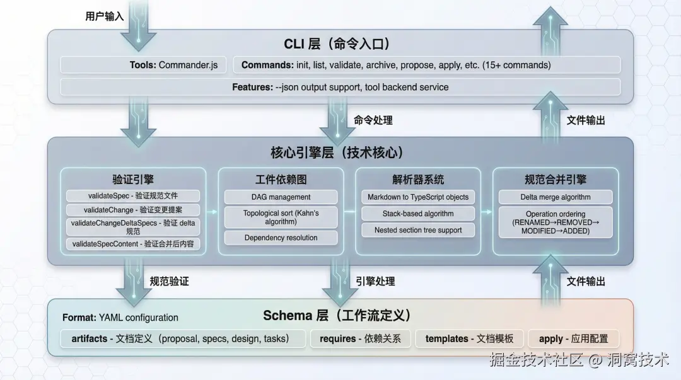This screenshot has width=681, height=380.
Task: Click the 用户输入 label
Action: point(104,16)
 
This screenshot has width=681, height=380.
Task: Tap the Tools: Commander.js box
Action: point(143,65)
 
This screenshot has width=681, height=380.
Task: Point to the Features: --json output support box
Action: point(340,88)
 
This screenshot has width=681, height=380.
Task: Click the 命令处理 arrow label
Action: point(373,120)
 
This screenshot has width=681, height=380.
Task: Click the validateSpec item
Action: point(133,196)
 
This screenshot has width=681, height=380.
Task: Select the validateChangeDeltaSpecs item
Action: point(133,227)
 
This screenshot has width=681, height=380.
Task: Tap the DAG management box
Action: point(281,197)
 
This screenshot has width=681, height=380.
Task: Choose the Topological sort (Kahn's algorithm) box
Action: point(281,217)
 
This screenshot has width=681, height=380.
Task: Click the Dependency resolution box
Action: point(281,238)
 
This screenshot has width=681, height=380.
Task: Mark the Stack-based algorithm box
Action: point(418,214)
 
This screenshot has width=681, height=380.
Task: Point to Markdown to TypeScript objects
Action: point(418,197)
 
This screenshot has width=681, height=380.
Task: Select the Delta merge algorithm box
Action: point(555,197)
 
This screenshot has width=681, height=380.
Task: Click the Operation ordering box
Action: point(555,222)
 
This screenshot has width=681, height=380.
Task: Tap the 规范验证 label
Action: point(170,282)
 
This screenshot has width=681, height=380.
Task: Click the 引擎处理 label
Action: point(375,282)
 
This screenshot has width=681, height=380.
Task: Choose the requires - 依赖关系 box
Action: point(361,339)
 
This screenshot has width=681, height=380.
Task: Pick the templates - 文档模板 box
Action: point(469,339)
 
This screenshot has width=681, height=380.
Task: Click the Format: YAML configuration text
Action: point(120,318)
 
